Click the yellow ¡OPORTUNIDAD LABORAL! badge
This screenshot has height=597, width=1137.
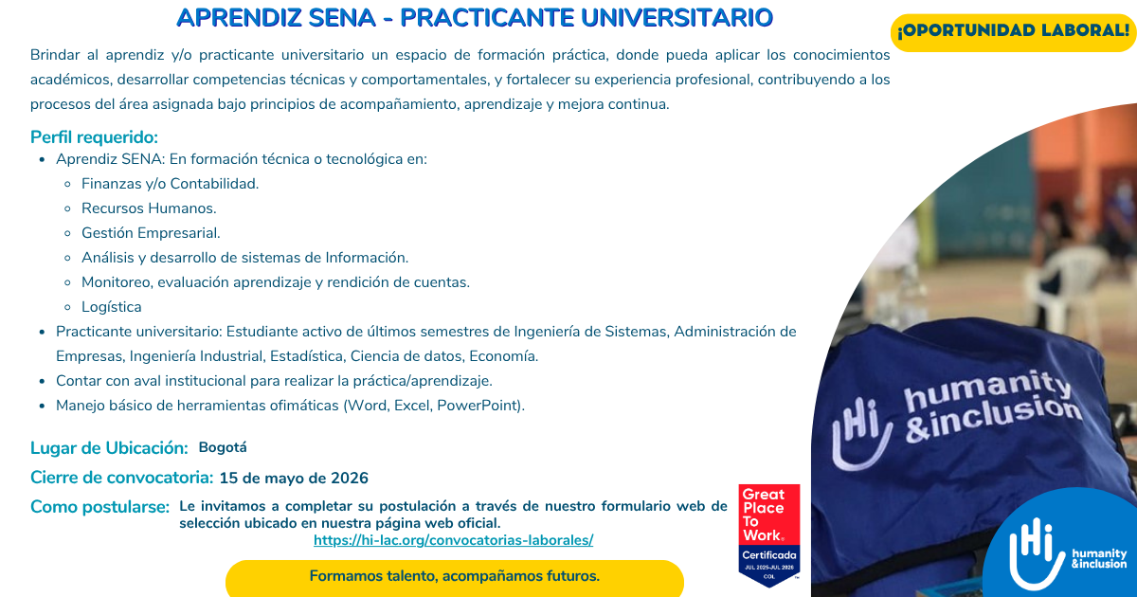pyautogui.click(x=1013, y=30)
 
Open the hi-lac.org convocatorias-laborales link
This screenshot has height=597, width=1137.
pyautogui.click(x=453, y=540)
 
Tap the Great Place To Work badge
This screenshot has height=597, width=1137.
pyautogui.click(x=768, y=534)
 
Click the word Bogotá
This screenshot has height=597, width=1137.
pyautogui.click(x=223, y=447)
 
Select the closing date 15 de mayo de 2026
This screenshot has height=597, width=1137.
pyautogui.click(x=294, y=478)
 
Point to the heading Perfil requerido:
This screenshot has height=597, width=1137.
pyautogui.click(x=94, y=136)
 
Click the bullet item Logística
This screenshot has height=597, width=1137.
pyautogui.click(x=112, y=307)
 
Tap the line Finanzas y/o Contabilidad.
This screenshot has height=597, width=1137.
pyautogui.click(x=170, y=184)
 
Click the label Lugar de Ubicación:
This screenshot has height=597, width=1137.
pyautogui.click(x=109, y=448)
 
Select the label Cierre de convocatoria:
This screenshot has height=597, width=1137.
pyautogui.click(x=121, y=478)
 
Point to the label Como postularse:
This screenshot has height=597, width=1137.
pyautogui.click(x=99, y=507)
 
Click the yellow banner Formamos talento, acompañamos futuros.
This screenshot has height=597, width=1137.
pyautogui.click(x=454, y=576)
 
